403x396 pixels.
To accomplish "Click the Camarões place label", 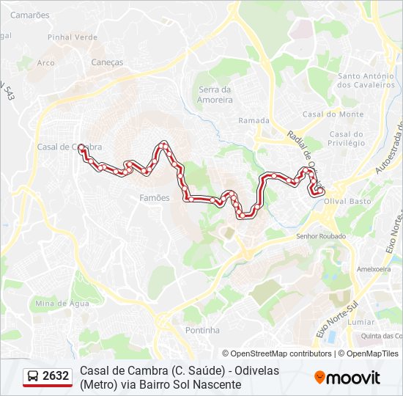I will pyautogui.click(x=30, y=15).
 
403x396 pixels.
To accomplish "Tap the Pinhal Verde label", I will pyautogui.click(x=72, y=37).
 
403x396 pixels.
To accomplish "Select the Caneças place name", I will pyautogui.click(x=107, y=62).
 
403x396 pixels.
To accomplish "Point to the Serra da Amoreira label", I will pyautogui.click(x=215, y=95).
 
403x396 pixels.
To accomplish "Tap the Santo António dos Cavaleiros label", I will pyautogui.click(x=366, y=81).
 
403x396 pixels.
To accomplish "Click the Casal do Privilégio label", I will pyautogui.click(x=347, y=139).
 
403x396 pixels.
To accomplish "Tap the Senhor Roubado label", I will pyautogui.click(x=319, y=236).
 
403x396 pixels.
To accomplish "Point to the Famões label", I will pyautogui.click(x=154, y=198).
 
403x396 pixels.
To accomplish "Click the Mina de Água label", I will pyautogui.click(x=63, y=303).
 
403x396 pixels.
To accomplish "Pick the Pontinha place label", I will pyautogui.click(x=202, y=331).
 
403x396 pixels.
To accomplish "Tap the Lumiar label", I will pyautogui.click(x=361, y=322).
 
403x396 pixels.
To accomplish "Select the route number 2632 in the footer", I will pyautogui.click(x=56, y=376).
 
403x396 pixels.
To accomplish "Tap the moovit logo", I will pyautogui.click(x=347, y=378).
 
